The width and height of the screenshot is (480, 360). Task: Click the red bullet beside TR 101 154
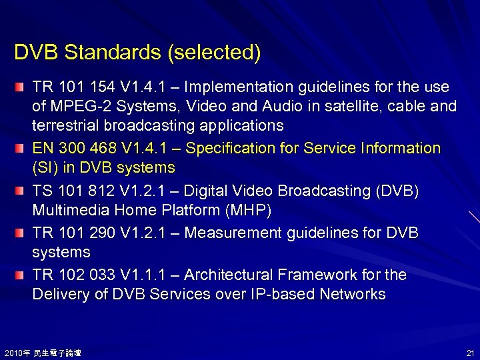click(x=22, y=88)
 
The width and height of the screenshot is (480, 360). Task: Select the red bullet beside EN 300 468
click(x=22, y=149)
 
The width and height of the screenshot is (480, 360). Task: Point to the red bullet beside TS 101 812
click(x=22, y=192)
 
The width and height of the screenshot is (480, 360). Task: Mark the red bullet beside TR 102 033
click(x=22, y=275)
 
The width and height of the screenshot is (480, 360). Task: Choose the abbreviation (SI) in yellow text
click(x=46, y=167)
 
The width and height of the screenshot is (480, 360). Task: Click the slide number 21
click(x=469, y=353)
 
